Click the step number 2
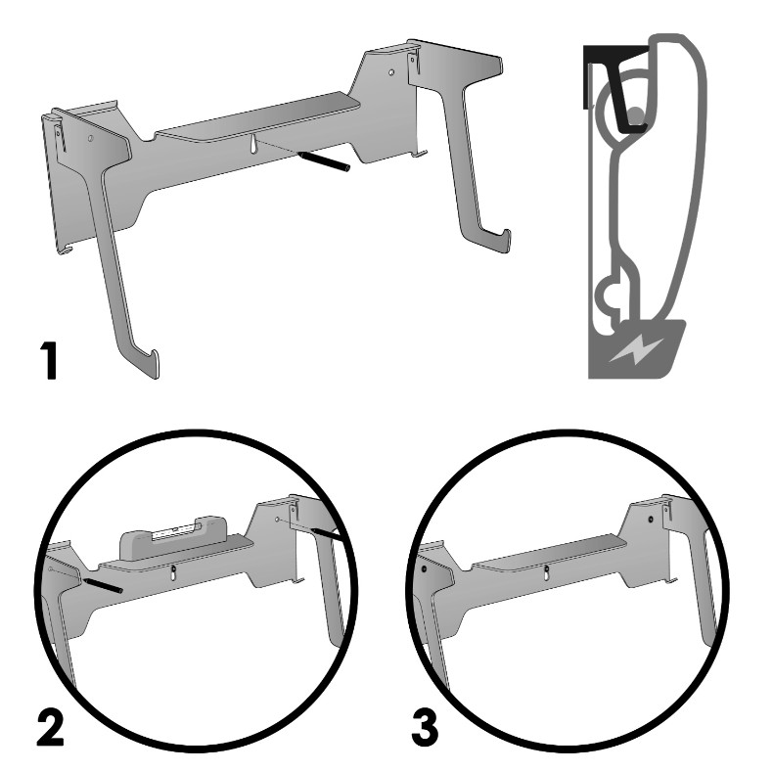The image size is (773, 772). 51,727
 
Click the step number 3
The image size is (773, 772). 425,727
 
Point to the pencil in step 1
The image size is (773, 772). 324,161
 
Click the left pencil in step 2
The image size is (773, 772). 103,586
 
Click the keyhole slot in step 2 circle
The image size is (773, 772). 173,573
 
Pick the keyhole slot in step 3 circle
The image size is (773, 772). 545,573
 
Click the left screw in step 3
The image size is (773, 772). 424,568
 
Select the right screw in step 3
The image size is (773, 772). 651,520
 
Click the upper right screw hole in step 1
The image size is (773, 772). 391,72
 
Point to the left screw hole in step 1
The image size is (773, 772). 90,138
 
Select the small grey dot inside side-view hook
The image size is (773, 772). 636,115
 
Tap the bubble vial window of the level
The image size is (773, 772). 174,530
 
